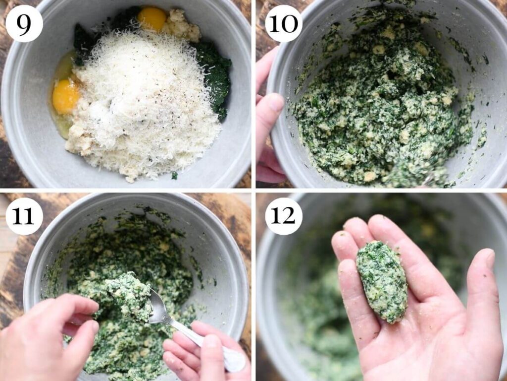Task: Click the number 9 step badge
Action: tap(24, 23)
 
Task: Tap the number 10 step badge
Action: tap(283, 23)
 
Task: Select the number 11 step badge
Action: tap(24, 216)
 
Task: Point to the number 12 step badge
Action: tap(283, 216)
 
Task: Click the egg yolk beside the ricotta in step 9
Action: tap(152, 18)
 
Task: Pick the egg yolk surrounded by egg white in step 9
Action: tap(65, 96)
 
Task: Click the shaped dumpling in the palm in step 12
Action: tap(382, 280)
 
